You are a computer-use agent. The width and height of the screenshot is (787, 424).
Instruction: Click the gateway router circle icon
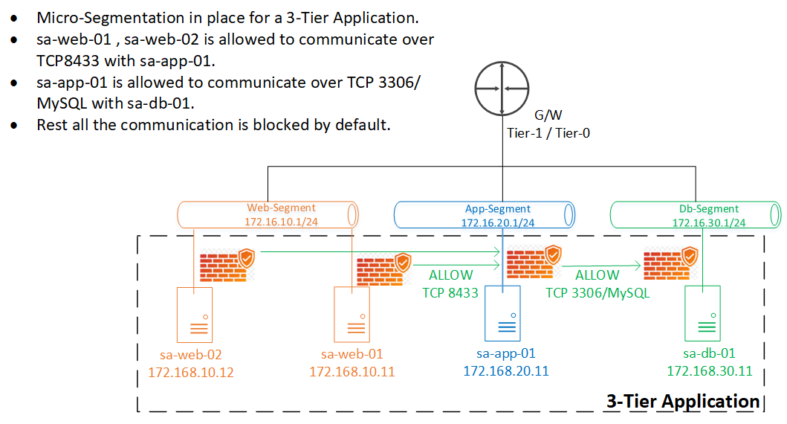(x=503, y=89)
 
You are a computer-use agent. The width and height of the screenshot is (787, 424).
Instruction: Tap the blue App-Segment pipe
(x=485, y=215)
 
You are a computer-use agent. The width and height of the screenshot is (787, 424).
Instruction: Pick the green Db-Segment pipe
(x=696, y=215)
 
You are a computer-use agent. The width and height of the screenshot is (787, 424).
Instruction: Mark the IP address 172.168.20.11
(x=506, y=370)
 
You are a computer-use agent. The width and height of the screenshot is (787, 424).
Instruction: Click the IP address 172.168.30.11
(x=710, y=370)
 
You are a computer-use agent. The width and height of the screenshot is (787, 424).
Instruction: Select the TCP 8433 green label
(x=450, y=292)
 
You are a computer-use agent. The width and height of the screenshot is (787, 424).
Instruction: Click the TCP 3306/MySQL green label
(x=597, y=292)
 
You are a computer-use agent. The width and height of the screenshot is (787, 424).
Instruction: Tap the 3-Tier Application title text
(x=683, y=402)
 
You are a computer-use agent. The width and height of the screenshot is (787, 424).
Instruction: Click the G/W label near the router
(x=548, y=115)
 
